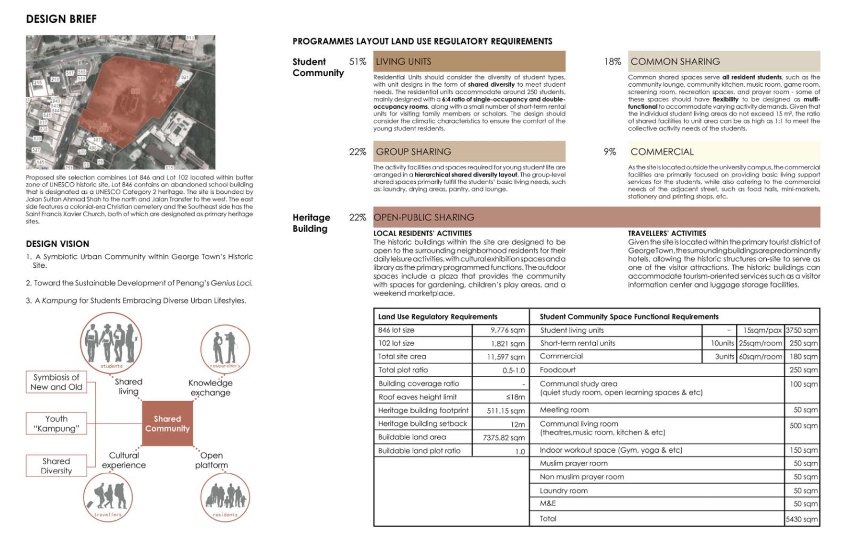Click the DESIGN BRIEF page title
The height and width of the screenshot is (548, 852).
pyautogui.click(x=61, y=19)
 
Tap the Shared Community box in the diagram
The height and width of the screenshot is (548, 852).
pyautogui.click(x=167, y=423)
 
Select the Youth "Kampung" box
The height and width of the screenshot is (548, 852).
pyautogui.click(x=56, y=423)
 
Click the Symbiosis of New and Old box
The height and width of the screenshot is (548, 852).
pyautogui.click(x=56, y=382)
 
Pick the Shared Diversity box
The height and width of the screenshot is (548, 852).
pyautogui.click(x=56, y=465)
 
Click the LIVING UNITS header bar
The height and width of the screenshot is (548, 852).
pyautogui.click(x=469, y=61)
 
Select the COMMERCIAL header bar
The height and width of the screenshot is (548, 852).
pyautogui.click(x=724, y=152)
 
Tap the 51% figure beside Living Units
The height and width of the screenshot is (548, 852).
pyautogui.click(x=358, y=62)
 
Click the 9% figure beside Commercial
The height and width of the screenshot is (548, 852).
pyautogui.click(x=610, y=152)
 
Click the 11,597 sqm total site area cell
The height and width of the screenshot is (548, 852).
pyautogui.click(x=505, y=357)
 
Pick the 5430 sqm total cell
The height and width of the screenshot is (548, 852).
pyautogui.click(x=802, y=519)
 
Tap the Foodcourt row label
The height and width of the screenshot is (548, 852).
pyautogui.click(x=558, y=370)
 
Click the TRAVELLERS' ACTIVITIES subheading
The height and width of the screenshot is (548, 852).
pyautogui.click(x=667, y=233)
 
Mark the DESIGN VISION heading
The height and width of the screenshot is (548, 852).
pyautogui.click(x=58, y=244)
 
